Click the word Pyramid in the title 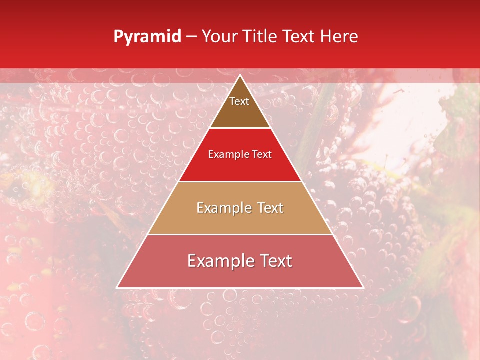click(x=147, y=37)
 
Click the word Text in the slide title click(x=299, y=37)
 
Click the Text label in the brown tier click(x=239, y=101)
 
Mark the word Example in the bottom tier click(x=217, y=261)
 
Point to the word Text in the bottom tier click(x=273, y=261)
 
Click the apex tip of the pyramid click(x=240, y=75)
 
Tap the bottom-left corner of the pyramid click(x=117, y=288)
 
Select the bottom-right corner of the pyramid click(x=363, y=288)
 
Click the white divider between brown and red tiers click(x=240, y=128)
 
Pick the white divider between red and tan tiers click(x=240, y=181)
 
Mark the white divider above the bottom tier click(x=240, y=234)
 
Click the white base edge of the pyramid click(x=240, y=288)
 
